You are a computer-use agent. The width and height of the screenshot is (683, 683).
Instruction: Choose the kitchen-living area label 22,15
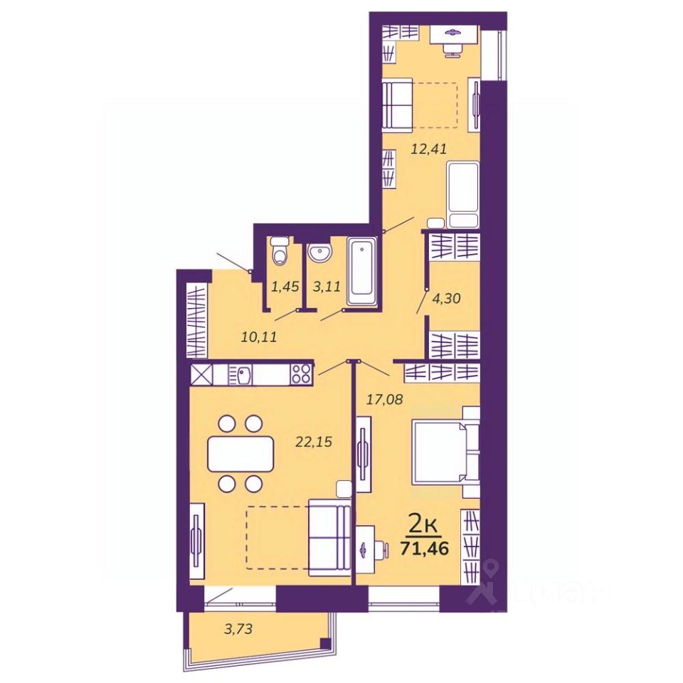[314, 441]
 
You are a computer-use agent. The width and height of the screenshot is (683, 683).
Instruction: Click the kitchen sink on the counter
[243, 373]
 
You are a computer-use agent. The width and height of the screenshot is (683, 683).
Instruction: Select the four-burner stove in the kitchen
[301, 373]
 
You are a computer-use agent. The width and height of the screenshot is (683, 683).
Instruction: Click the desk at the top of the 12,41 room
[452, 33]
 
